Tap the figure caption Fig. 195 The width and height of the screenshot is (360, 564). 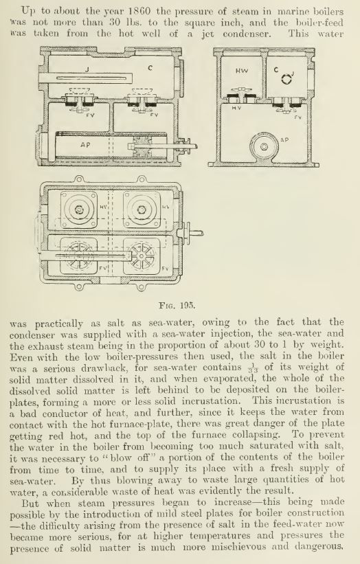point(177,306)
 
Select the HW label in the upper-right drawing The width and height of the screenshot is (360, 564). point(242,71)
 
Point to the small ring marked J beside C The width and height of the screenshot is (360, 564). point(286,79)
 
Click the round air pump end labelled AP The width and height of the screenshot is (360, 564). point(264,146)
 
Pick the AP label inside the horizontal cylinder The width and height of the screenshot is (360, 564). point(85,145)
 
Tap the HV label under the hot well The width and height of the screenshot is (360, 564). point(236,108)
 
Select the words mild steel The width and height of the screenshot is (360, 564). point(165,514)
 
